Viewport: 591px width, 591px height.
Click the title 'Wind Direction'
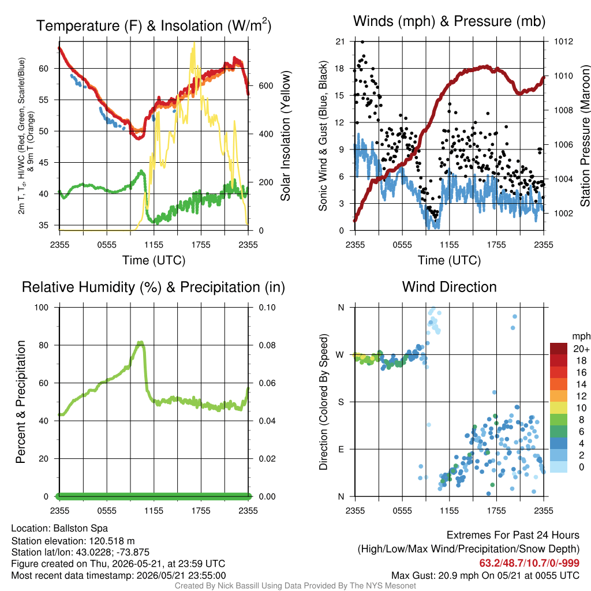click(449, 287)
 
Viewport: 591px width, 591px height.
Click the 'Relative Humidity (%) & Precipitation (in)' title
click(154, 287)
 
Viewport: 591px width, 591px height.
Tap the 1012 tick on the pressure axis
click(563, 42)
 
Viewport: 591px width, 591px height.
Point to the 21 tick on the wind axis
click(341, 42)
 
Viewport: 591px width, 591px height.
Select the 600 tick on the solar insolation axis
click(266, 86)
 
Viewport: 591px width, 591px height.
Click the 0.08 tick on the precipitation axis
click(267, 345)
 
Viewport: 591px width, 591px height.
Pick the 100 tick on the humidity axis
click(42, 308)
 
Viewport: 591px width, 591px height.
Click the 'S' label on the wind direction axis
click(341, 402)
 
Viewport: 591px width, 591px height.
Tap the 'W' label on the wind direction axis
click(341, 355)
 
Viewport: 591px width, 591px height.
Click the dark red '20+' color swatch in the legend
click(559, 349)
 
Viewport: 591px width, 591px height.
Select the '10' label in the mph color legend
click(581, 408)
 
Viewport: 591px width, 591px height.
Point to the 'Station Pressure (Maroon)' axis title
click(585, 136)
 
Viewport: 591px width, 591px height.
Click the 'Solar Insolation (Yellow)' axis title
click(286, 136)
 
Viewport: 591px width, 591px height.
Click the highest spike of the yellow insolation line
click(194, 43)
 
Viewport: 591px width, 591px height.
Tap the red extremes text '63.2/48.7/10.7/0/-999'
click(529, 563)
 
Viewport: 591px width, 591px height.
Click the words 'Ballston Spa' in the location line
click(81, 529)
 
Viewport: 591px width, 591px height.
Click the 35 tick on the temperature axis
click(44, 226)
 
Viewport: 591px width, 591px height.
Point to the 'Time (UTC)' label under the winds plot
click(449, 260)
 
